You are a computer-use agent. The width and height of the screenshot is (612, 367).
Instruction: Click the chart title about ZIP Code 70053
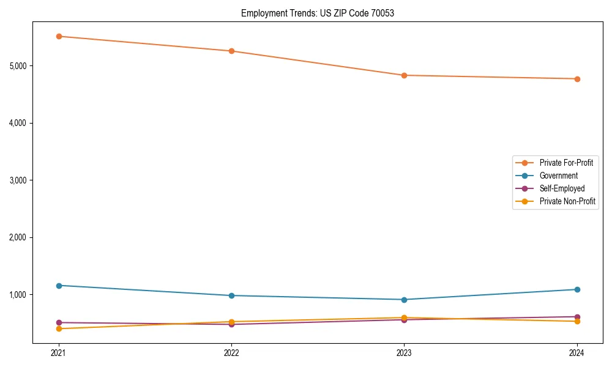point(317,13)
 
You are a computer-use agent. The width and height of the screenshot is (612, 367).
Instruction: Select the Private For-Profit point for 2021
point(59,36)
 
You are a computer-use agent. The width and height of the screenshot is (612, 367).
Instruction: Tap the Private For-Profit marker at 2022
point(231,51)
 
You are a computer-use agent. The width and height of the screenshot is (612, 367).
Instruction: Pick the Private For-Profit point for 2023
point(404,75)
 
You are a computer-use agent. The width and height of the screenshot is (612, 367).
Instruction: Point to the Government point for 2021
point(59,286)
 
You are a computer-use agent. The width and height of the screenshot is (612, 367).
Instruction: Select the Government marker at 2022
point(231,295)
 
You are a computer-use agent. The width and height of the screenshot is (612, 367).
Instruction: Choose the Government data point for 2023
point(404,300)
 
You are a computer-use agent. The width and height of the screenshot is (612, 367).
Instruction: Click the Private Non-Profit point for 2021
point(59,328)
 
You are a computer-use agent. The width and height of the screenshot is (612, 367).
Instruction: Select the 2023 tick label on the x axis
point(404,353)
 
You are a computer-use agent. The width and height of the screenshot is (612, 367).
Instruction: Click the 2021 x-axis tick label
point(59,353)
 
